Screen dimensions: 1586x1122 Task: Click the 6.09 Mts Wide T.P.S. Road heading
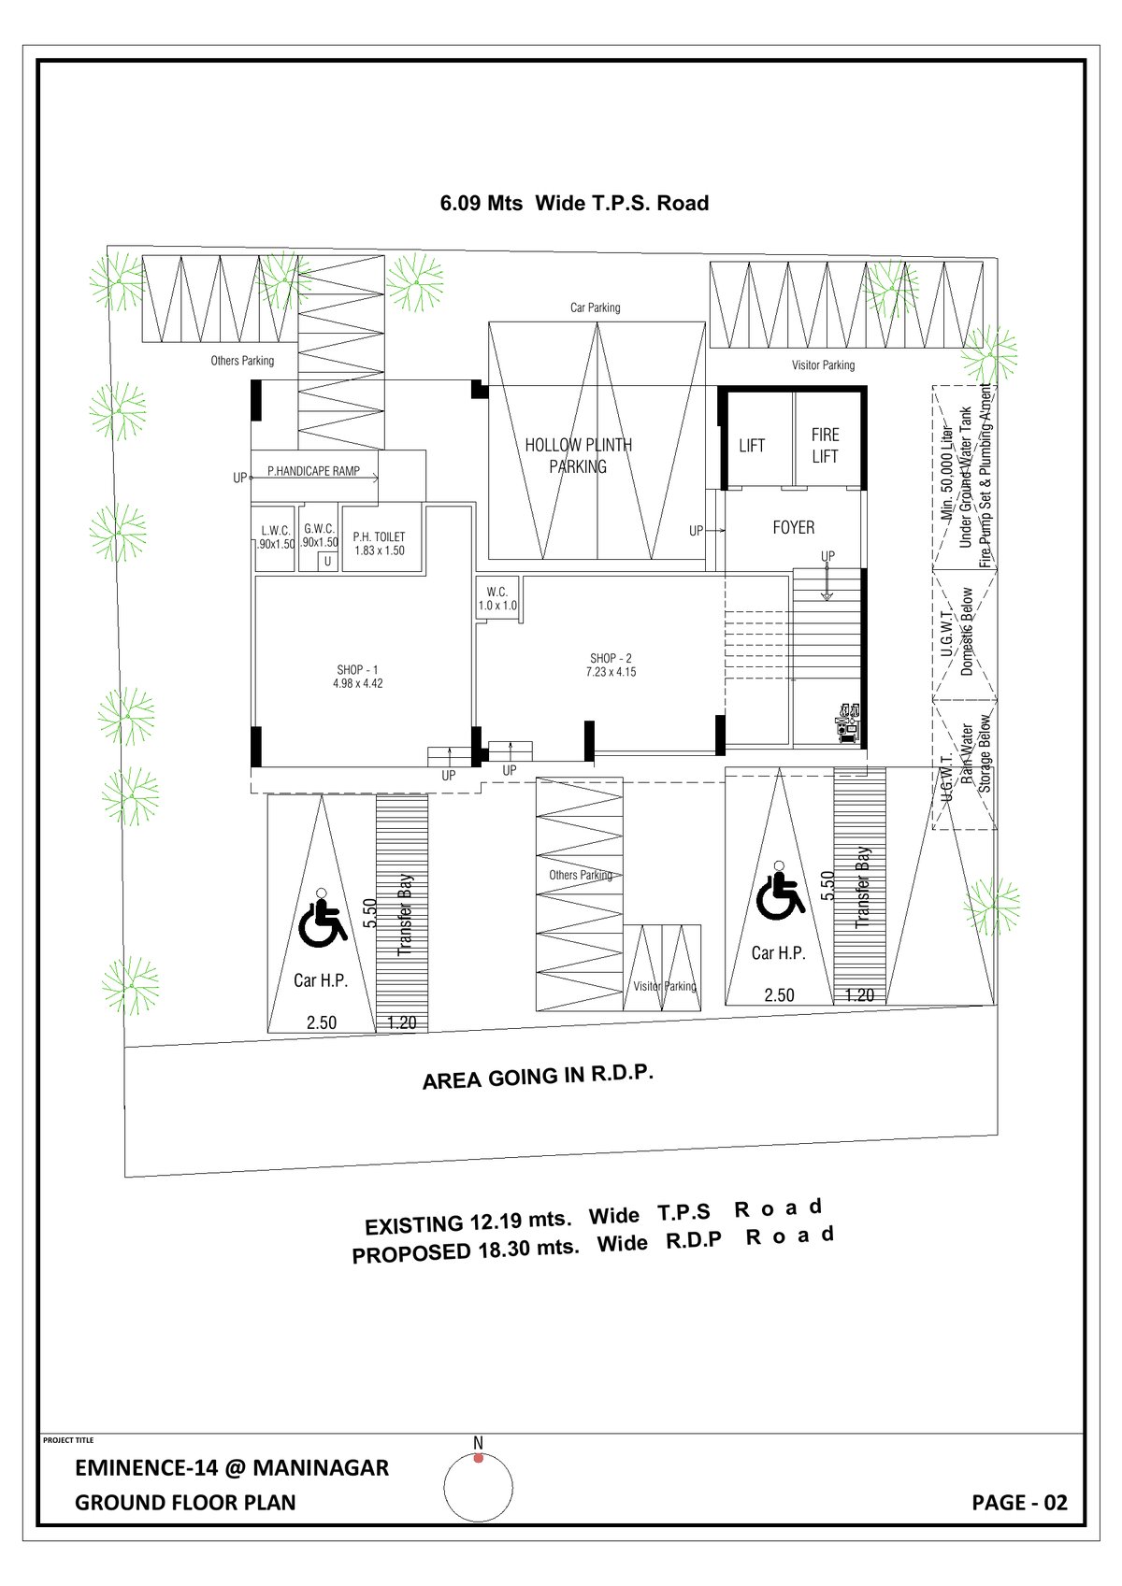574,204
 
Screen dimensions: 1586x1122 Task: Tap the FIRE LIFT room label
825,446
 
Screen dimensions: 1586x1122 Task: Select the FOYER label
793,528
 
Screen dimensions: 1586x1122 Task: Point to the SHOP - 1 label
357,670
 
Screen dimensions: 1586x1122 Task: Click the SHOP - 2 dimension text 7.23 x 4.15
612,672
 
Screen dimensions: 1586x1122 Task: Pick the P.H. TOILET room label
379,537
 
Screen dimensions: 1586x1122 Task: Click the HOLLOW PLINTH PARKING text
578,455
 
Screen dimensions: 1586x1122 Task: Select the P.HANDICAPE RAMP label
313,472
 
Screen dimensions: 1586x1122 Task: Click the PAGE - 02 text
1019,1503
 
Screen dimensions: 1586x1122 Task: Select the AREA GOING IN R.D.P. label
538,1077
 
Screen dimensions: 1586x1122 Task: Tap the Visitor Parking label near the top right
823,365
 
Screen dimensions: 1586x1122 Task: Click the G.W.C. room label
320,529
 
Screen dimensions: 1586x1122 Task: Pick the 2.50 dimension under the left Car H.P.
322,1022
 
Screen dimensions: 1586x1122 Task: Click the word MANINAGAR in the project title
320,1467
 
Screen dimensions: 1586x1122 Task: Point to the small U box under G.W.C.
327,562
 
